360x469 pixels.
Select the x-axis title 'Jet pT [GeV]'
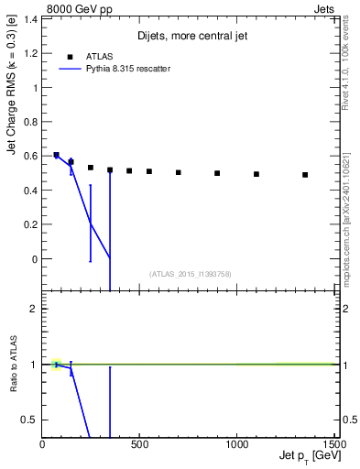(x=307, y=456)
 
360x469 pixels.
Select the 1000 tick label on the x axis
(x=236, y=444)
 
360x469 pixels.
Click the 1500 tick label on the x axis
(x=333, y=444)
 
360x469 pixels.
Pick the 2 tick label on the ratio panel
(x=33, y=309)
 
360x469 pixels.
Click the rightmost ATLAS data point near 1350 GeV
(x=305, y=175)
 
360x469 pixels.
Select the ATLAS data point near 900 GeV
(x=217, y=173)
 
